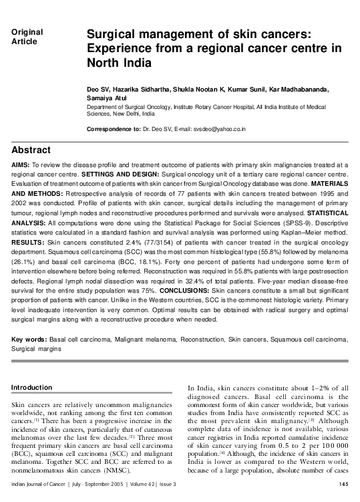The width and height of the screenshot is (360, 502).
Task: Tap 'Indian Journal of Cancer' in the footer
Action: [x=41, y=484]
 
